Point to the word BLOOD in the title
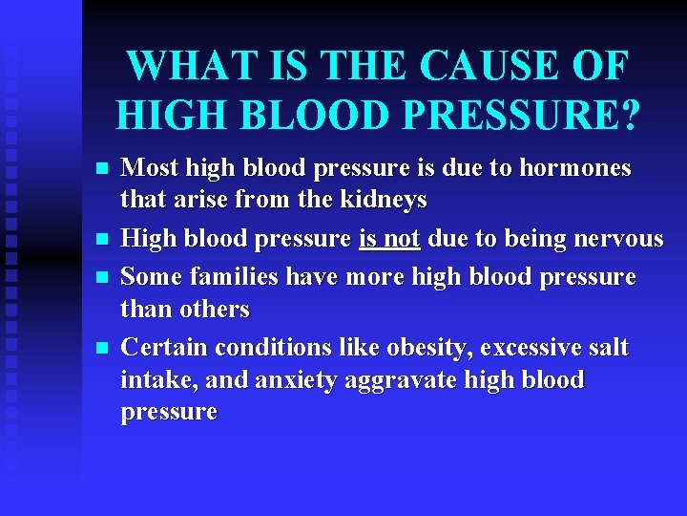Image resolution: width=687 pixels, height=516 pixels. tap(306, 115)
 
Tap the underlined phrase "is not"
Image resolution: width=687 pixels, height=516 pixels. tap(389, 238)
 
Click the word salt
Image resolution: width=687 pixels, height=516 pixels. tap(605, 347)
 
